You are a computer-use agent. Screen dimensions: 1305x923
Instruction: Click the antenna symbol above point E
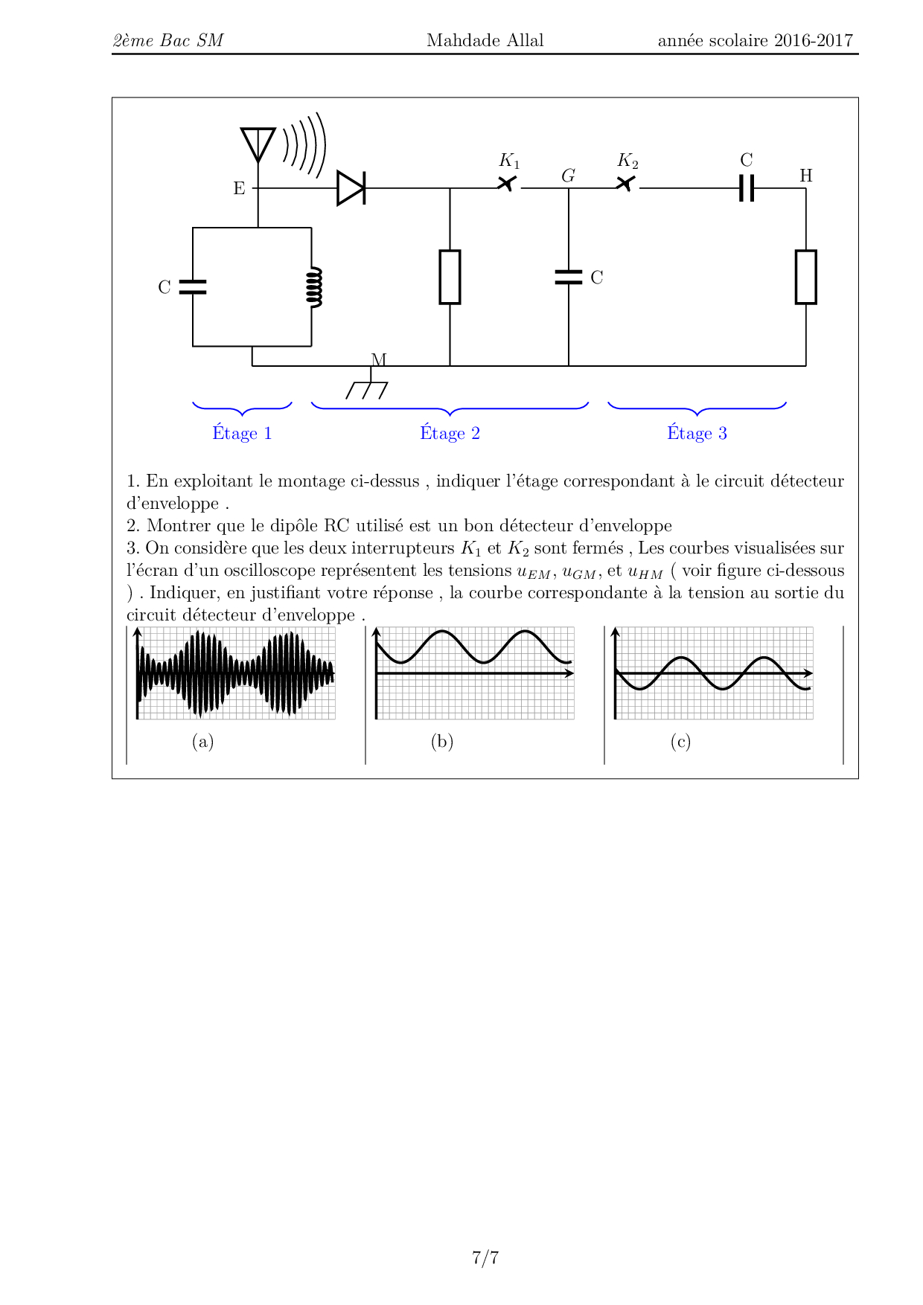tap(258, 144)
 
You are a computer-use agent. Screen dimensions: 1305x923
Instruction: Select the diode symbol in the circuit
tap(351, 188)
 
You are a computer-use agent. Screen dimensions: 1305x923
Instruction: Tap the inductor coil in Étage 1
tap(314, 287)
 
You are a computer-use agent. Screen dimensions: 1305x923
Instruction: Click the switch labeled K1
tap(508, 183)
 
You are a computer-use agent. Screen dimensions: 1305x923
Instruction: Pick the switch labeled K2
tap(627, 183)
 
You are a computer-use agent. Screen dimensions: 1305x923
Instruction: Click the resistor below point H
tap(805, 277)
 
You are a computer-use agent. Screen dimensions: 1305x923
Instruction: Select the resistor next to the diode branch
tap(450, 277)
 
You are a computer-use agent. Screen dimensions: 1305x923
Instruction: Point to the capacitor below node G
tap(569, 277)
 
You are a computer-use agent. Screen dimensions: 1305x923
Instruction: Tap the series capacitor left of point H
tap(747, 188)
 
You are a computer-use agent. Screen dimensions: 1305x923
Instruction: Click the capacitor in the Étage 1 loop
tap(193, 287)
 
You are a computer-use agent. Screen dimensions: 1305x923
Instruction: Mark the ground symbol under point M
tap(368, 390)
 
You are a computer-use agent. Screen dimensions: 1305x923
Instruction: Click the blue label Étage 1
tap(242, 433)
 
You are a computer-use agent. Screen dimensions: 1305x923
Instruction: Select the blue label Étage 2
tap(450, 433)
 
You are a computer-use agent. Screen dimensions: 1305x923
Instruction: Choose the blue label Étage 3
tap(697, 433)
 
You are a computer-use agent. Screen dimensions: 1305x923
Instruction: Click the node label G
tap(568, 176)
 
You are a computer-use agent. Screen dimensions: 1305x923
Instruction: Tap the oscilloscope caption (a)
tap(202, 741)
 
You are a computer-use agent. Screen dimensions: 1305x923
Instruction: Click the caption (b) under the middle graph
tap(441, 741)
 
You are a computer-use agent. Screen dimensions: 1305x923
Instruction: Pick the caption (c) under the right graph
tap(680, 741)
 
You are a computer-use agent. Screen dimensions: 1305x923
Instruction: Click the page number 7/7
tap(485, 1257)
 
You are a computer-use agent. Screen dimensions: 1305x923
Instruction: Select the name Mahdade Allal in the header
tap(485, 40)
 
